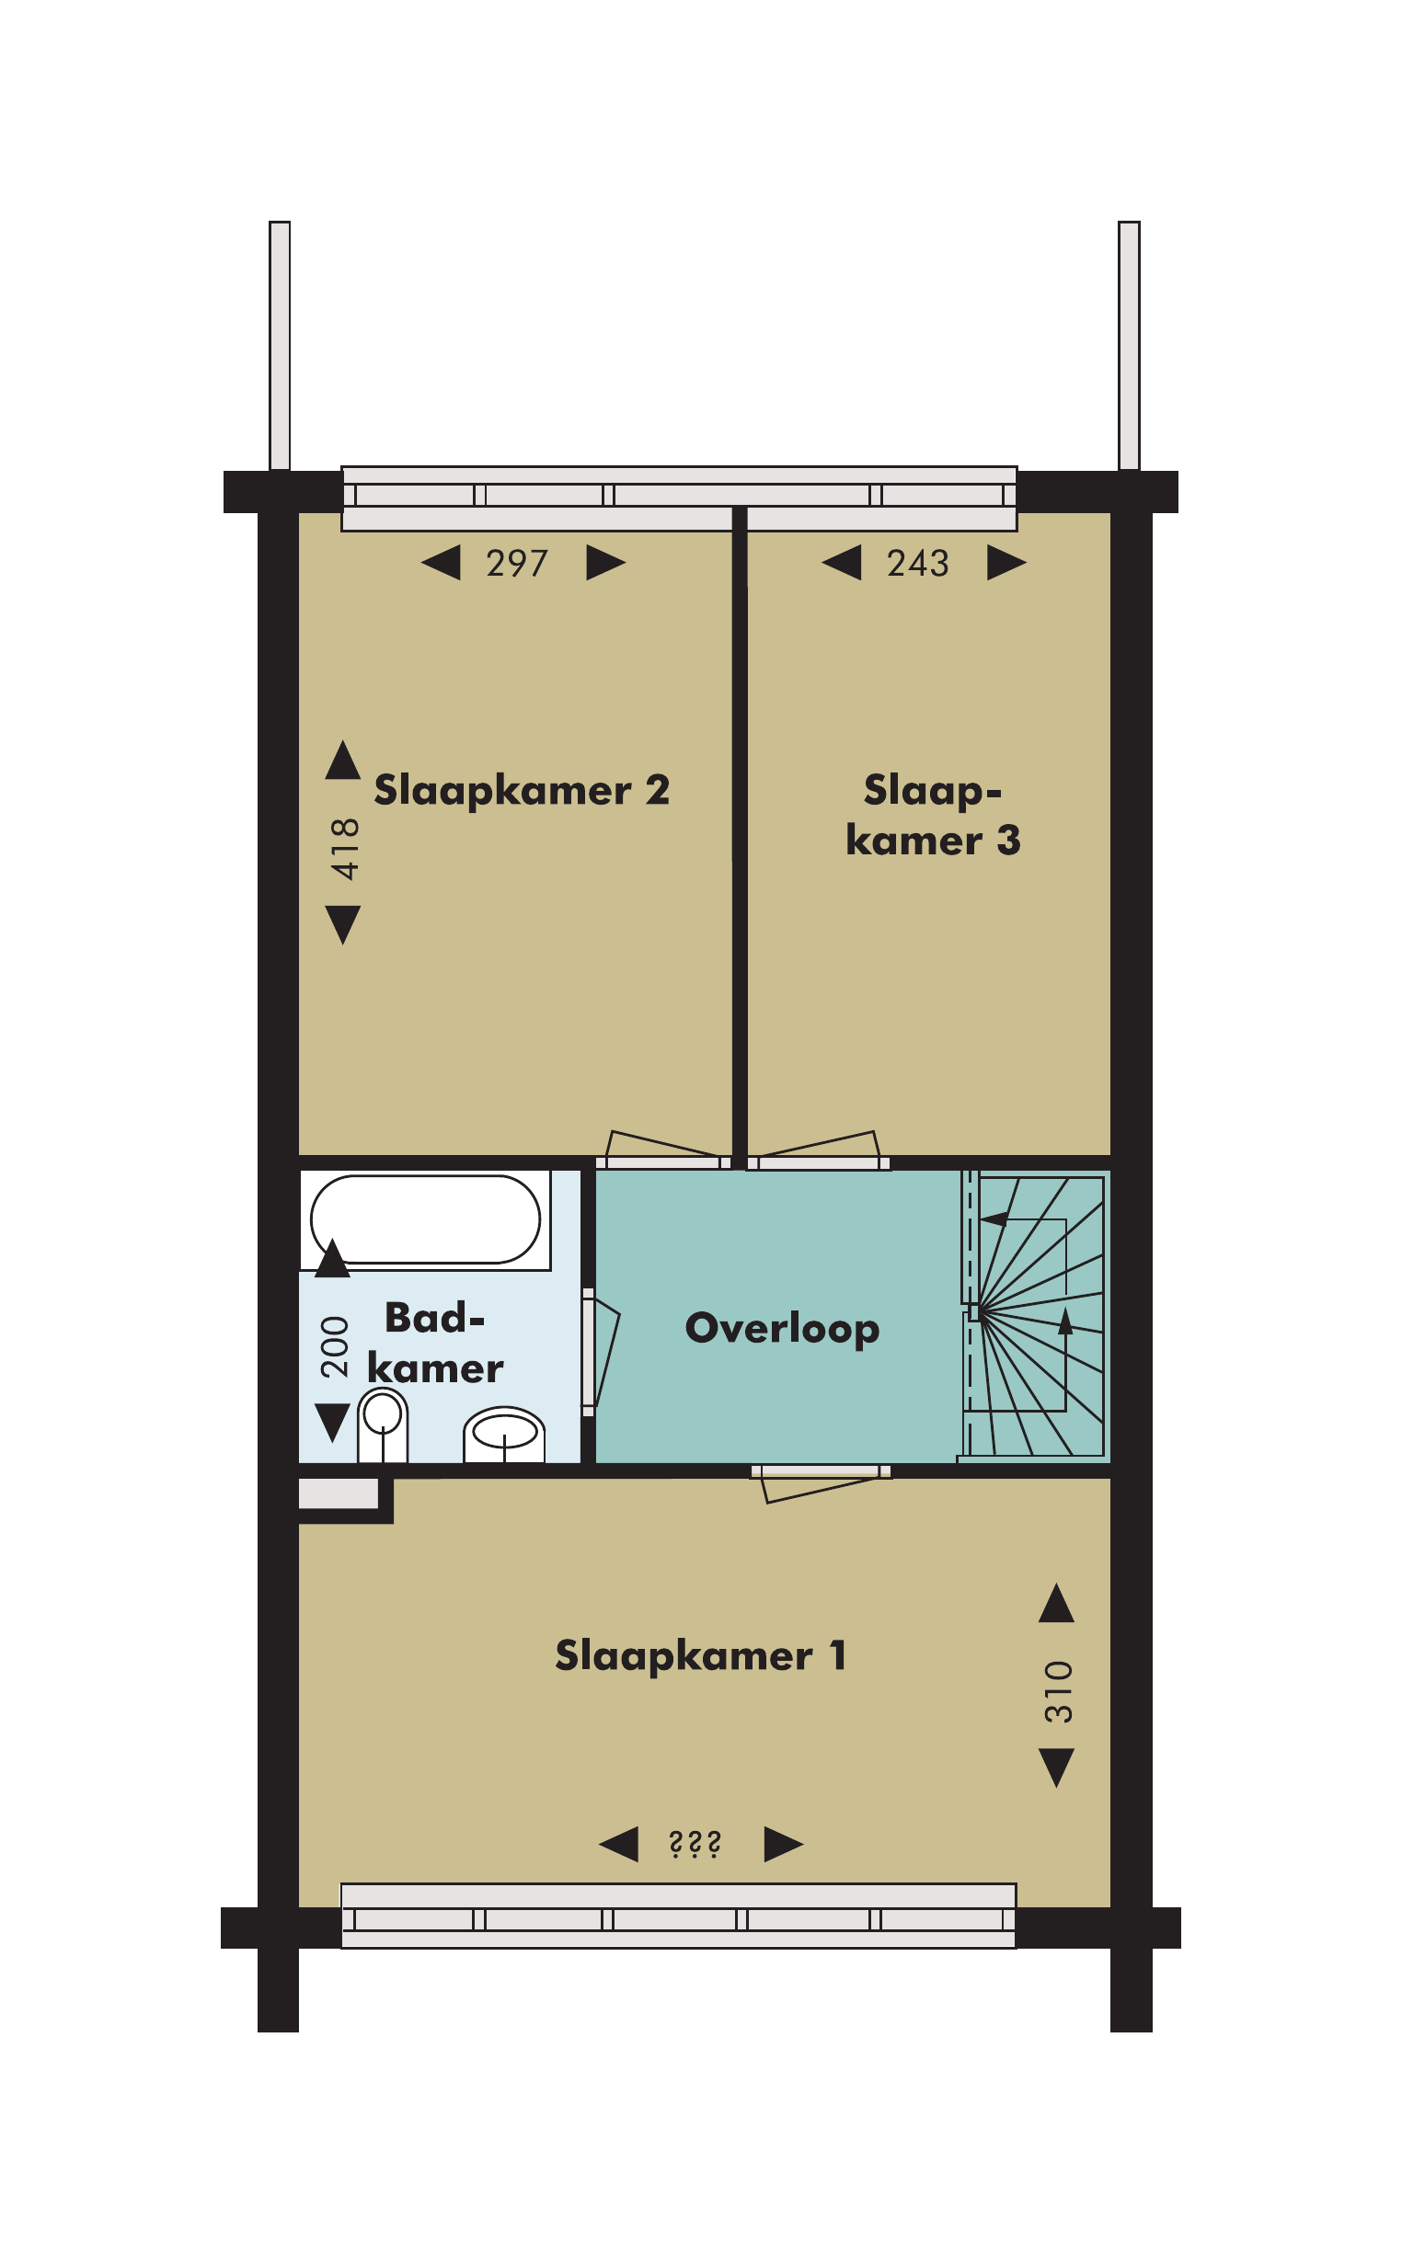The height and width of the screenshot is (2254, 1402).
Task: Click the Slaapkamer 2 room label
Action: coord(521,791)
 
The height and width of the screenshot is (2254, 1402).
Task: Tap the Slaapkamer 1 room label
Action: coord(700,1655)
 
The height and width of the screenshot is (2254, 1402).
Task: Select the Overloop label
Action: coord(782,1328)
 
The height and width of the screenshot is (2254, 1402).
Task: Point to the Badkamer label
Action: coord(435,1343)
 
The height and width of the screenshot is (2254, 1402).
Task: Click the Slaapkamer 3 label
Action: coord(933,816)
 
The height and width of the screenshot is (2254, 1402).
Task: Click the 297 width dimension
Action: coord(517,564)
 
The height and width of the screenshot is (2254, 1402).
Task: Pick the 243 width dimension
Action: coord(918,564)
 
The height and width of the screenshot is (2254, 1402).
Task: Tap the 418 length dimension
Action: coord(345,849)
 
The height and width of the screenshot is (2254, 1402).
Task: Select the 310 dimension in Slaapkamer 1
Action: coord(1058,1692)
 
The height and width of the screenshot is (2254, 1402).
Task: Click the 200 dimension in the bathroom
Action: coord(334,1346)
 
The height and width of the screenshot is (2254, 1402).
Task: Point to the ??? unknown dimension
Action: coord(695,1845)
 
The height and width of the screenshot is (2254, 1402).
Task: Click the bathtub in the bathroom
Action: coord(426,1219)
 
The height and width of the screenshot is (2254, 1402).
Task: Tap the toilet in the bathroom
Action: coord(383,1425)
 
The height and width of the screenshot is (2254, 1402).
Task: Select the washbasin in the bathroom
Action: coord(504,1435)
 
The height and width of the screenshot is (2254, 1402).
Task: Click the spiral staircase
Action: coord(1035,1316)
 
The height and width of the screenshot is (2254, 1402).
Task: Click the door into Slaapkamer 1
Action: coord(820,1481)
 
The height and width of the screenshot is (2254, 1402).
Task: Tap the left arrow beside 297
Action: coord(441,563)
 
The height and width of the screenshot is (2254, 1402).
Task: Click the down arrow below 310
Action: coord(1057,1768)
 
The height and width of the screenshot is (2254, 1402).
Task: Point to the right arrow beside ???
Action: coord(784,1845)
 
